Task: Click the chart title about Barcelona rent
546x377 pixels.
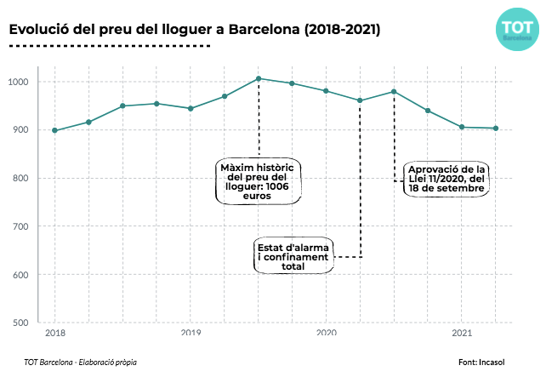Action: point(195,29)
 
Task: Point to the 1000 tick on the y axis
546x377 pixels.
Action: point(20,83)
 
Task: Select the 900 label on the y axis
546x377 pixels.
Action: point(21,130)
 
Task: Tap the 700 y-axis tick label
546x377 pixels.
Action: point(21,226)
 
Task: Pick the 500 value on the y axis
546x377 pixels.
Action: point(21,323)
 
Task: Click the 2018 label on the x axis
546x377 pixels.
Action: point(54,333)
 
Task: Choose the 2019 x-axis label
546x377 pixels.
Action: point(191,333)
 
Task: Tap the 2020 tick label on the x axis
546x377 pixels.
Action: point(327,333)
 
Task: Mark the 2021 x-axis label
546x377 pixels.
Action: point(462,333)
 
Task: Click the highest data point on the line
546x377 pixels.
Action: point(259,78)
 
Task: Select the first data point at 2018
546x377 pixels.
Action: point(54,130)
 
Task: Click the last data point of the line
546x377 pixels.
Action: point(496,129)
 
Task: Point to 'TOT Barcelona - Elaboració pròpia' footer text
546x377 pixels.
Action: point(81,362)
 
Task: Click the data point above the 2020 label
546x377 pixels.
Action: point(327,90)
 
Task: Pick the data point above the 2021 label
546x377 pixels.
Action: point(462,127)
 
